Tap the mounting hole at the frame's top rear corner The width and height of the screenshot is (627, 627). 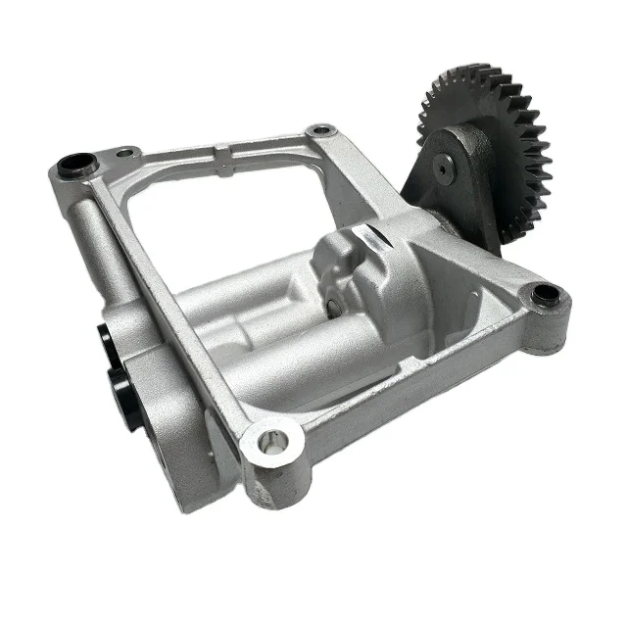point(317,129)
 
